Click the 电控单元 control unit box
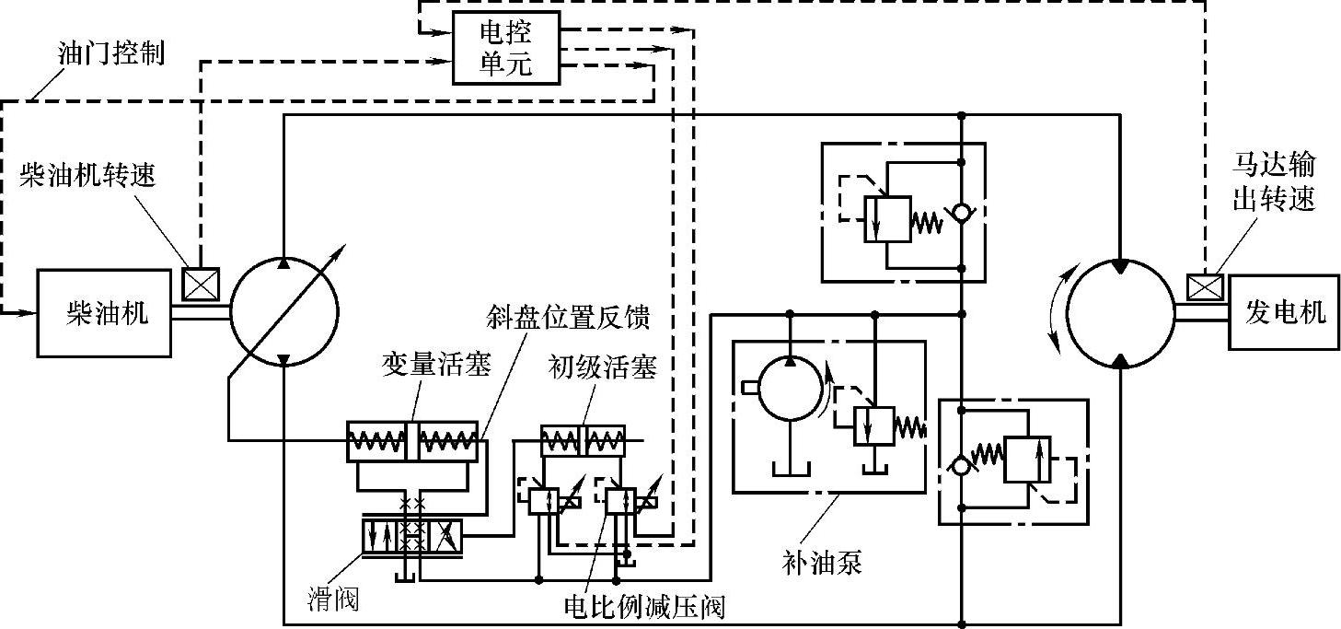506,49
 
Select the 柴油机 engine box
104,313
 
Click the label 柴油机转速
87,176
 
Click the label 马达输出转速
1275,181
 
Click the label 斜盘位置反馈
568,318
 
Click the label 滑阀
333,600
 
